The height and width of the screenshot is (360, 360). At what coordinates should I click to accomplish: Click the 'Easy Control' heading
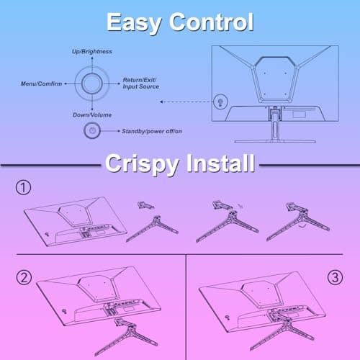[x=180, y=22]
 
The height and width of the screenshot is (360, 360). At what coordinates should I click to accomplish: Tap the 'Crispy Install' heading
[x=180, y=163]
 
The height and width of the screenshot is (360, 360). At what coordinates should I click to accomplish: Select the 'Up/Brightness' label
[x=92, y=52]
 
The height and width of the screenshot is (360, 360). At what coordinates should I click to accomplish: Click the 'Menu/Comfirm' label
[x=41, y=84]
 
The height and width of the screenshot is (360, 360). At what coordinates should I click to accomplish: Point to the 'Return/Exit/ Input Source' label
[x=141, y=84]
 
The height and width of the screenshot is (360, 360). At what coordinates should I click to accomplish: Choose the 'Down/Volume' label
[x=92, y=115]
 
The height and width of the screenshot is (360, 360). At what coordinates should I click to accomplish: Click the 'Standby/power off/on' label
[x=152, y=131]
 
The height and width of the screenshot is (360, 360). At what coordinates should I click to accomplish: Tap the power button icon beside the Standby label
[x=92, y=131]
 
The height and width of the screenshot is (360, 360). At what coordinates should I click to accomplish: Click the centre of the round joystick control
[x=92, y=84]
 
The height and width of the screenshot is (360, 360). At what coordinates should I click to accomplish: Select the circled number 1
[x=23, y=187]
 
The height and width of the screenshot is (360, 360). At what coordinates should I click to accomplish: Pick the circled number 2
[x=24, y=278]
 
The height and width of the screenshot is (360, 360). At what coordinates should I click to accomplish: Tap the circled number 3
[x=335, y=278]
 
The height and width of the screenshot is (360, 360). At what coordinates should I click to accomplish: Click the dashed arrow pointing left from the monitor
[x=186, y=102]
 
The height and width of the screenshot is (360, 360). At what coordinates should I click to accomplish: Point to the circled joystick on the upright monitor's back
[x=220, y=102]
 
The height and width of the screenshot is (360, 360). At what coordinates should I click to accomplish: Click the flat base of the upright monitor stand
[x=275, y=141]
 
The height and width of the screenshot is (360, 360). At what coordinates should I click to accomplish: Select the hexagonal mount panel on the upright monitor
[x=275, y=79]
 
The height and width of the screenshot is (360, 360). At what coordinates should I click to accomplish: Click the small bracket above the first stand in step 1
[x=145, y=205]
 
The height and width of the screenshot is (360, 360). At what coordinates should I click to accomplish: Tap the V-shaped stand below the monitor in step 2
[x=125, y=336]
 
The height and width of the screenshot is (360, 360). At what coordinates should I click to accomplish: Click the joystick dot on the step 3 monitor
[x=227, y=318]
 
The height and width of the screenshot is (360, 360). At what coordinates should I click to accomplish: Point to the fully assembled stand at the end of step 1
[x=298, y=222]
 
